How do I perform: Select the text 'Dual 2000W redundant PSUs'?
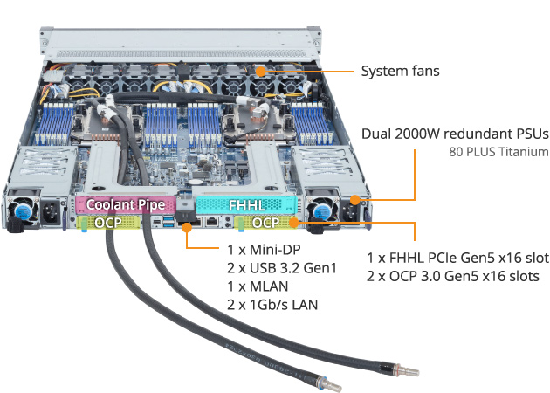[454, 134]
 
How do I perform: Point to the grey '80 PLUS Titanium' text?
[498, 152]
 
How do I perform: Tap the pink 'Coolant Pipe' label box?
[126, 205]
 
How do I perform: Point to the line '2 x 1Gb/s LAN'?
[272, 304]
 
